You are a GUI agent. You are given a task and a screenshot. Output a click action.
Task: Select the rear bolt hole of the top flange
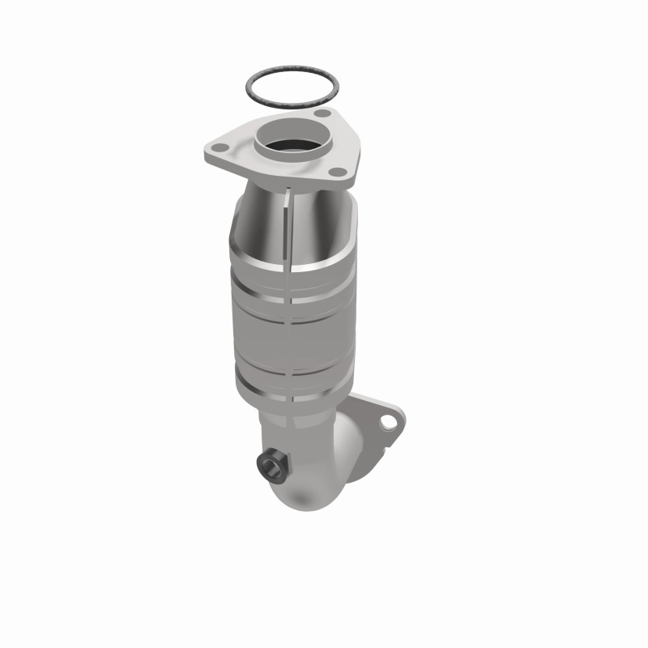click(x=322, y=115)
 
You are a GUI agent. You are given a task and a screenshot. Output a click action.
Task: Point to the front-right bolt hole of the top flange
click(x=339, y=170)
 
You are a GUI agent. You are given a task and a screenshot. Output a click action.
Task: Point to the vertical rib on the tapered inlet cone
click(x=287, y=219)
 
